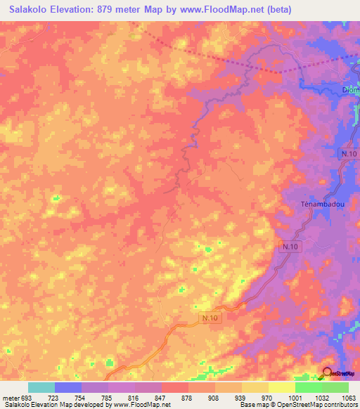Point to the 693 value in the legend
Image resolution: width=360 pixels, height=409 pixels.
point(19,397)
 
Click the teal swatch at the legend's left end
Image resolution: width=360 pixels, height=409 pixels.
point(41,387)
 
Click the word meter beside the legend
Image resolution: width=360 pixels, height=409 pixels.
point(8,397)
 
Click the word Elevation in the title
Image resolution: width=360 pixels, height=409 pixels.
point(80,11)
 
